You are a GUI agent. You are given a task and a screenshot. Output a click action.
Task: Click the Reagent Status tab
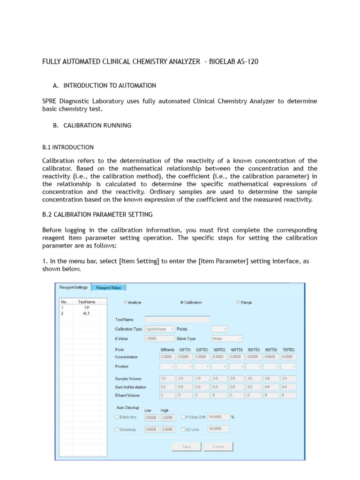pos(108,287)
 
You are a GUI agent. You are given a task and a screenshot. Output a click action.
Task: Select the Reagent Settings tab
pos(73,287)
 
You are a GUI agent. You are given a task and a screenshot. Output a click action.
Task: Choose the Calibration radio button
pos(182,302)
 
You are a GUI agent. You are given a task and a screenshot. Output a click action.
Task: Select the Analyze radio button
pos(125,302)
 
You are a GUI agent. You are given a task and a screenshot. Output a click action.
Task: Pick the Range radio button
pos(238,302)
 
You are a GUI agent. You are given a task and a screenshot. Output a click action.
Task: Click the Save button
pos(186,446)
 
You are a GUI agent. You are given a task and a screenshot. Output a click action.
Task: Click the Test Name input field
pos(177,319)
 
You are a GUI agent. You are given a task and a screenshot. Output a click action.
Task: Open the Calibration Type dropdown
pos(159,329)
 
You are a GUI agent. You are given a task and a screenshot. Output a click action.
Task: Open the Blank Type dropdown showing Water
pos(227,338)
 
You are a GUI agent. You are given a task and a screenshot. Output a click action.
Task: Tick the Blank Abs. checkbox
pos(118,417)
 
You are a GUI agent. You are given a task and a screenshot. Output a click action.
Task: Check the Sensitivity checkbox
pos(118,429)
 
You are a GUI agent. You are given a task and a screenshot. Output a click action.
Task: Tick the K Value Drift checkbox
pos(183,417)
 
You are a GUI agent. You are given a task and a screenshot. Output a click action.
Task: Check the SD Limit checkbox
pos(183,429)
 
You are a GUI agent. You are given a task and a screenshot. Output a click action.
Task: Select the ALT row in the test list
pos(86,314)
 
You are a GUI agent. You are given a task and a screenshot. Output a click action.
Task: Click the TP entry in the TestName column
pos(86,308)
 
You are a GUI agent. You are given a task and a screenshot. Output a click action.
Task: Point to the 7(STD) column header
pos(289,349)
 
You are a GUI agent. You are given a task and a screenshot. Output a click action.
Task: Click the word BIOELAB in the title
pos(225,62)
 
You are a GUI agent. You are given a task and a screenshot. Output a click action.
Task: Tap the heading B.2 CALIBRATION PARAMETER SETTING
pos(97,215)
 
